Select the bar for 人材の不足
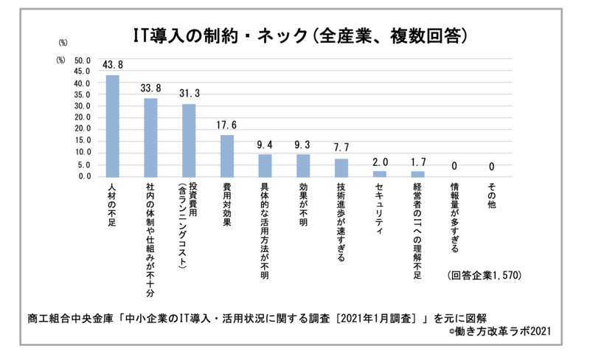pyautogui.click(x=112, y=126)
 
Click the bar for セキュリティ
pyautogui.click(x=380, y=174)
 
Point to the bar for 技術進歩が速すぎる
pyautogui.click(x=341, y=168)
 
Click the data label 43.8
pyautogui.click(x=112, y=66)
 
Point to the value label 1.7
pyautogui.click(x=418, y=162)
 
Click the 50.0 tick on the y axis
pyautogui.click(x=81, y=60)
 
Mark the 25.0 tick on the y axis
pyautogui.click(x=81, y=118)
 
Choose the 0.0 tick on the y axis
pyautogui.click(x=83, y=176)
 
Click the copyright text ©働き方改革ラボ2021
pyautogui.click(x=499, y=330)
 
